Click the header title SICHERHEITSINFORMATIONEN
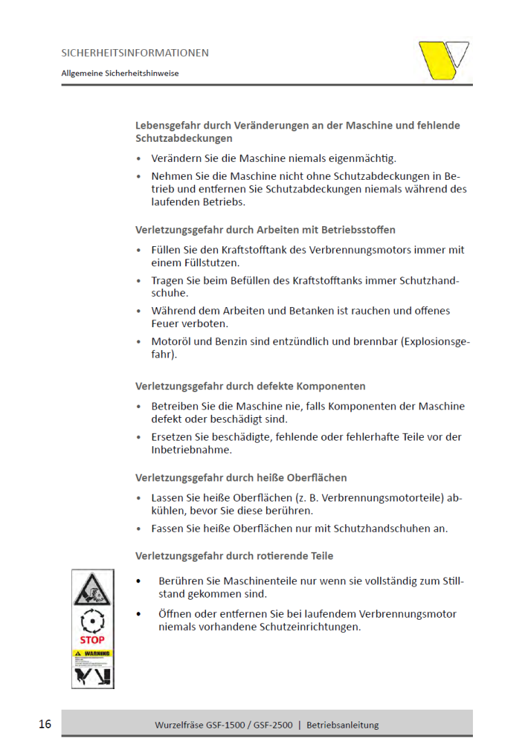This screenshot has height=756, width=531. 135,53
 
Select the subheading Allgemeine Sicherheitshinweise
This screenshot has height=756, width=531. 120,73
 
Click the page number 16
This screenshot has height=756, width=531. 45,724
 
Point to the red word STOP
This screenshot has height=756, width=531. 92,640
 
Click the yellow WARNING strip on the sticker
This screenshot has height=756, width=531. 92,654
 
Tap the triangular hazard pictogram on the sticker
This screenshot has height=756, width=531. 92,589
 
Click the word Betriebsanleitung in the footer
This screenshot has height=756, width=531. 342,725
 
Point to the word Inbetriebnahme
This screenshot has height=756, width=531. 192,450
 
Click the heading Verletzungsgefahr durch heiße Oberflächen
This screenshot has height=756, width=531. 241,478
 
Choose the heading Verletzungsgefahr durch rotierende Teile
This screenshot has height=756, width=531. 234,555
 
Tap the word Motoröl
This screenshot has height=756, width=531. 170,342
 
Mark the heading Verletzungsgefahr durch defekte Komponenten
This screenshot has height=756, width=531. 250,386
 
